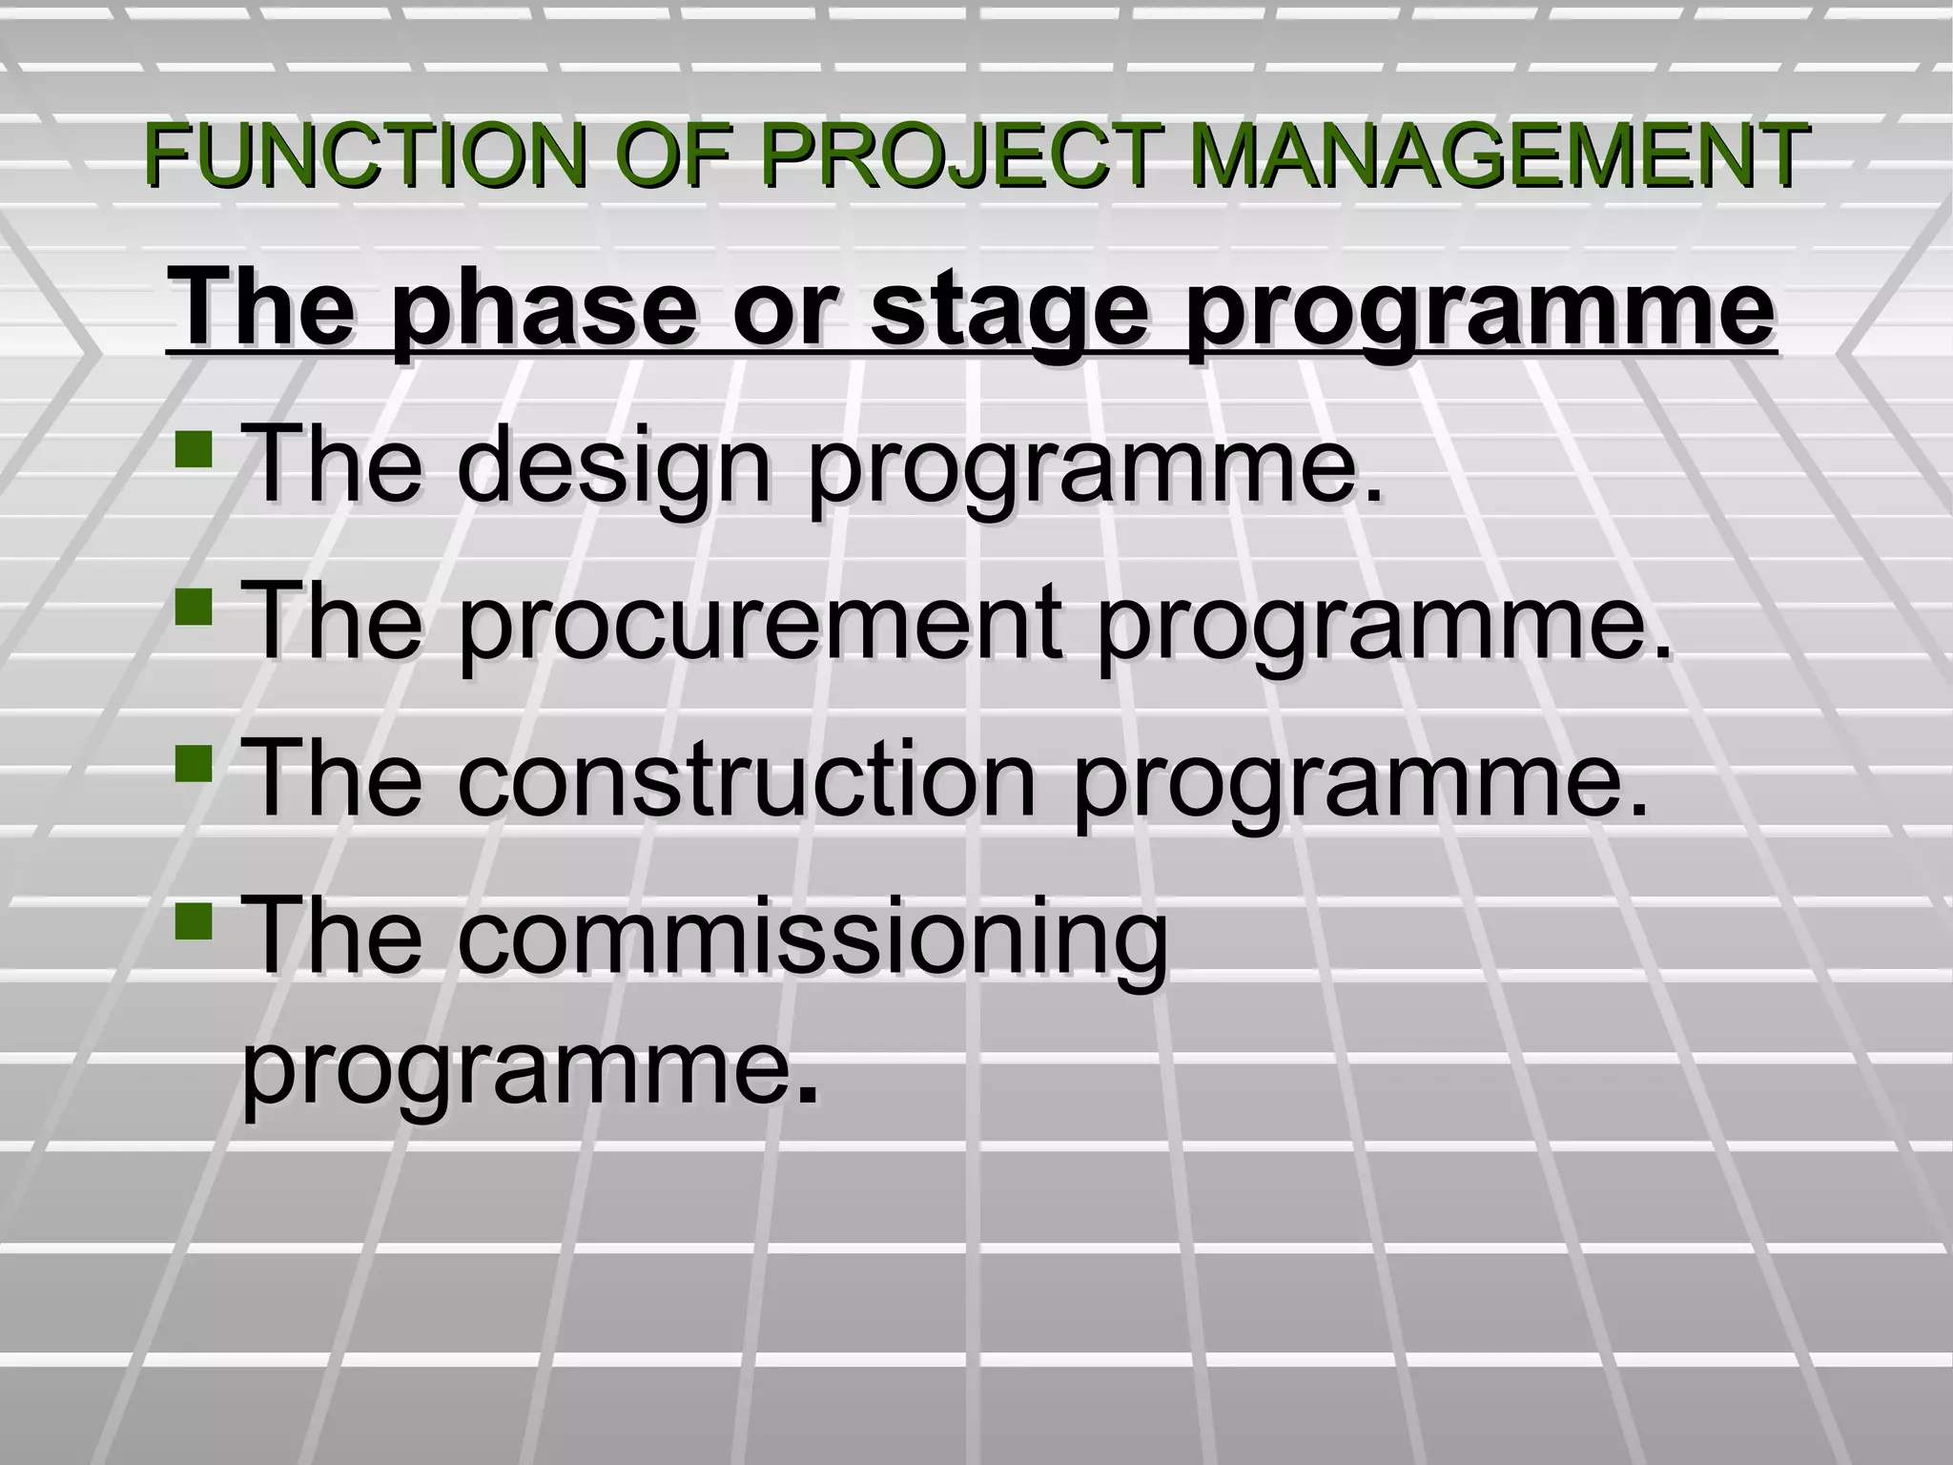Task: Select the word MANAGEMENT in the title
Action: (1500, 155)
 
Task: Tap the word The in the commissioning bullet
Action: (333, 937)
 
